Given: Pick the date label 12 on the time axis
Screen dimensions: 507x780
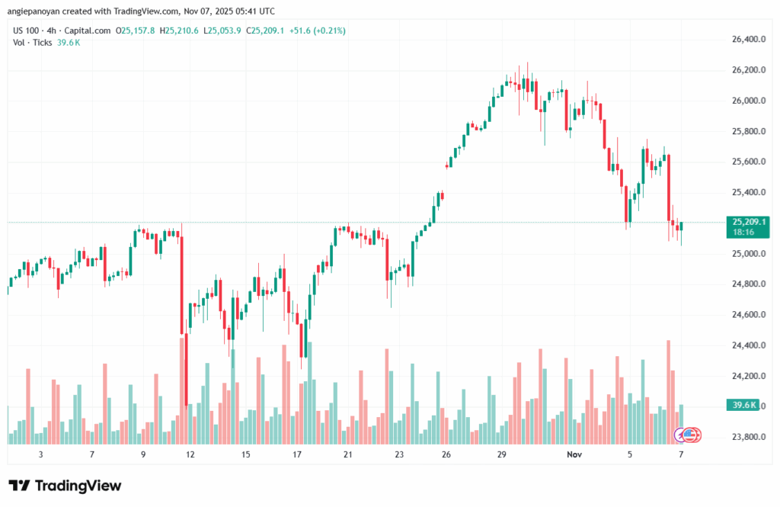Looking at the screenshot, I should click(190, 454).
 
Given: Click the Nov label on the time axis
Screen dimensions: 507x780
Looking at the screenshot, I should click(575, 454).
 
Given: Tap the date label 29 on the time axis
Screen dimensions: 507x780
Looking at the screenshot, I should click(501, 454).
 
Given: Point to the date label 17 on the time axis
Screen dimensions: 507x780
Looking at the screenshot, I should click(298, 454).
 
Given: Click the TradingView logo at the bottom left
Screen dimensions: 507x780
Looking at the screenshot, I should click(65, 486).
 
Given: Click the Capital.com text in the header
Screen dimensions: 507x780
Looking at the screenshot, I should click(88, 30).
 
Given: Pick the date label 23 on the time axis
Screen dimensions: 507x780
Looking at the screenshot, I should click(398, 454).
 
